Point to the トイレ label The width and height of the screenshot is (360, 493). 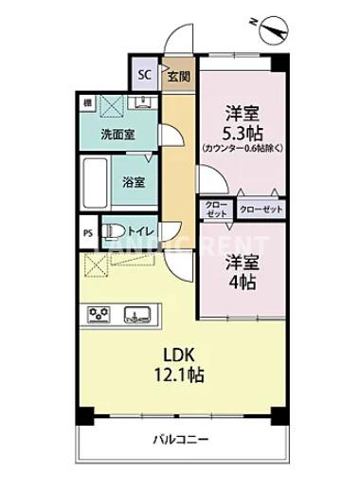click(142, 228)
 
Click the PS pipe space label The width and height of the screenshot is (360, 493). click(87, 230)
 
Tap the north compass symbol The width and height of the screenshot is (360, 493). click(274, 29)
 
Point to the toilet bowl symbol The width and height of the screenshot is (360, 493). click(112, 229)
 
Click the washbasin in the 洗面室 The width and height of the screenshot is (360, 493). click(142, 101)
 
